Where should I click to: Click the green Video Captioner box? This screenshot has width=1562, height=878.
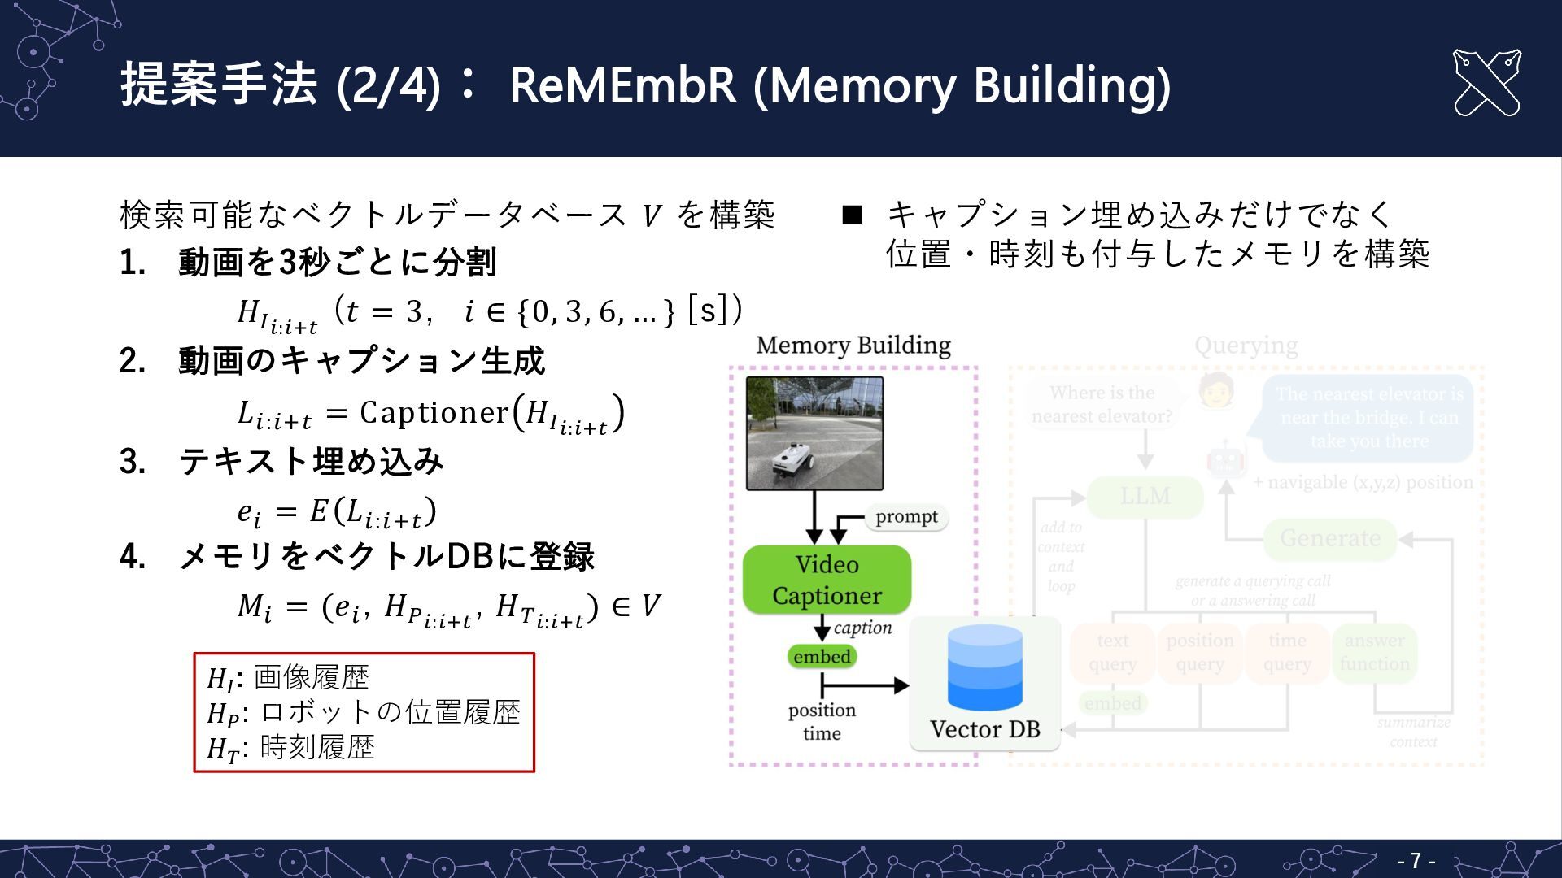(x=827, y=580)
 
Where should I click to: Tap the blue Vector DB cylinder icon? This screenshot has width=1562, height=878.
(x=984, y=667)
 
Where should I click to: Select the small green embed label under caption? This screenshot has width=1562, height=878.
(x=822, y=656)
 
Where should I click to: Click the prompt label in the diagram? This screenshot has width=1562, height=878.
(x=906, y=517)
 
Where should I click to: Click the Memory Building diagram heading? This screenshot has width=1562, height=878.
(x=853, y=346)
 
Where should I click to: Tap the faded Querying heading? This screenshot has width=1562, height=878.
(x=1246, y=346)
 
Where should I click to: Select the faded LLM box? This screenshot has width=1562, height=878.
(x=1145, y=496)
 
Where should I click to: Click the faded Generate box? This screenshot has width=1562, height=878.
(x=1329, y=538)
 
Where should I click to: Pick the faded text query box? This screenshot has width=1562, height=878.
(x=1112, y=652)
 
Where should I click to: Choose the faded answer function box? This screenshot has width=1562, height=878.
(x=1374, y=652)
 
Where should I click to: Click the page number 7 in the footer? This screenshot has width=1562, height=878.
(x=1416, y=860)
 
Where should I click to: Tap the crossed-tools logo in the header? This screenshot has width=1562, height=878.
(x=1486, y=83)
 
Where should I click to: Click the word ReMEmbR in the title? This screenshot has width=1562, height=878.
(x=622, y=85)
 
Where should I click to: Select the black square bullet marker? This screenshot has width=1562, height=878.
(x=852, y=215)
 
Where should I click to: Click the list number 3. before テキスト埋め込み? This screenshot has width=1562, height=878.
(x=133, y=462)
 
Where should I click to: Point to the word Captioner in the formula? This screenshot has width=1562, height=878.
(x=434, y=413)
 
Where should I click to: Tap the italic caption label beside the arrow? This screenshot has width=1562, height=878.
(x=862, y=628)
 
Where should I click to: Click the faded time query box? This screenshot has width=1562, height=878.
(x=1286, y=652)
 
